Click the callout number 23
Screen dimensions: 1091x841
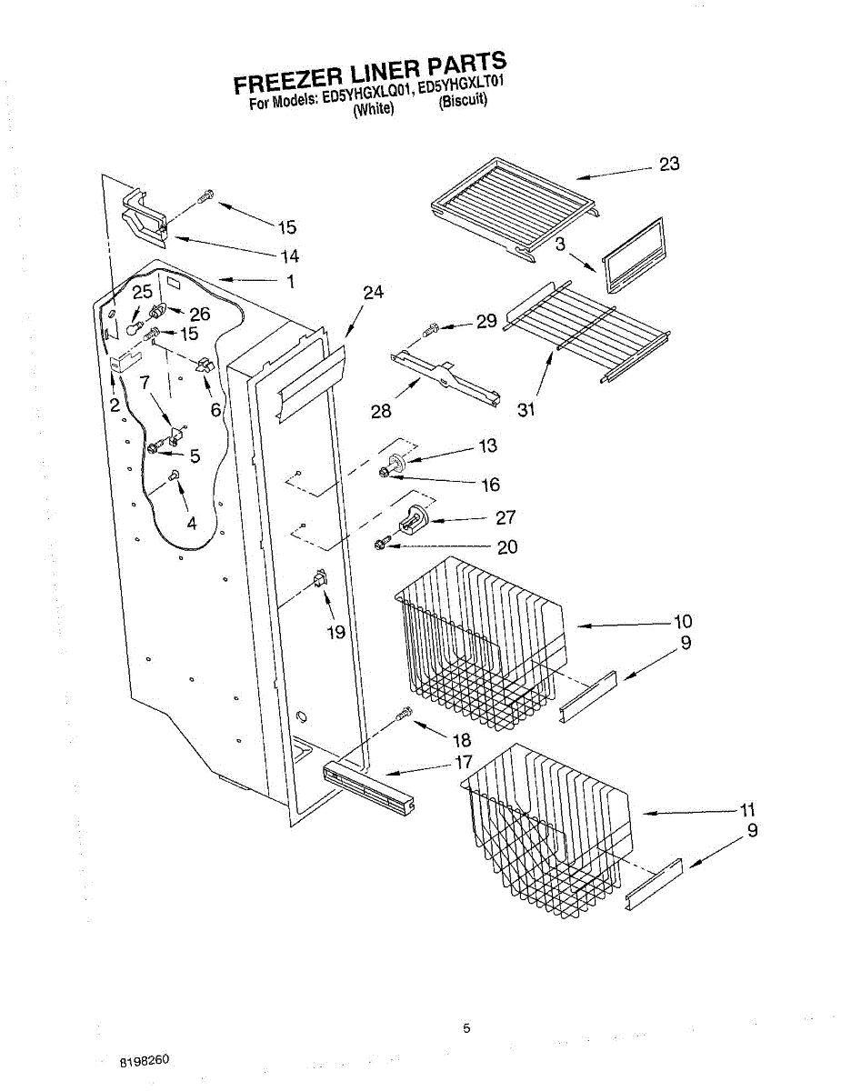[x=669, y=165]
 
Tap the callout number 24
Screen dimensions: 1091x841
[x=373, y=293]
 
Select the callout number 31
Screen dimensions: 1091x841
[x=526, y=410]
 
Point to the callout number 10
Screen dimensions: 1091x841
[x=682, y=622]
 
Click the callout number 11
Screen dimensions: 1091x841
[x=747, y=809]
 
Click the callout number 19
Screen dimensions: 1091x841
[x=336, y=632]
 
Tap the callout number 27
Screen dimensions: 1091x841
[x=506, y=517]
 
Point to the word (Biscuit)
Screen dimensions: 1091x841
[x=463, y=101]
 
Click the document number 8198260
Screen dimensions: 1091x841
[x=144, y=1061]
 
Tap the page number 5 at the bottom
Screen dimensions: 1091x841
[x=466, y=1028]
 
